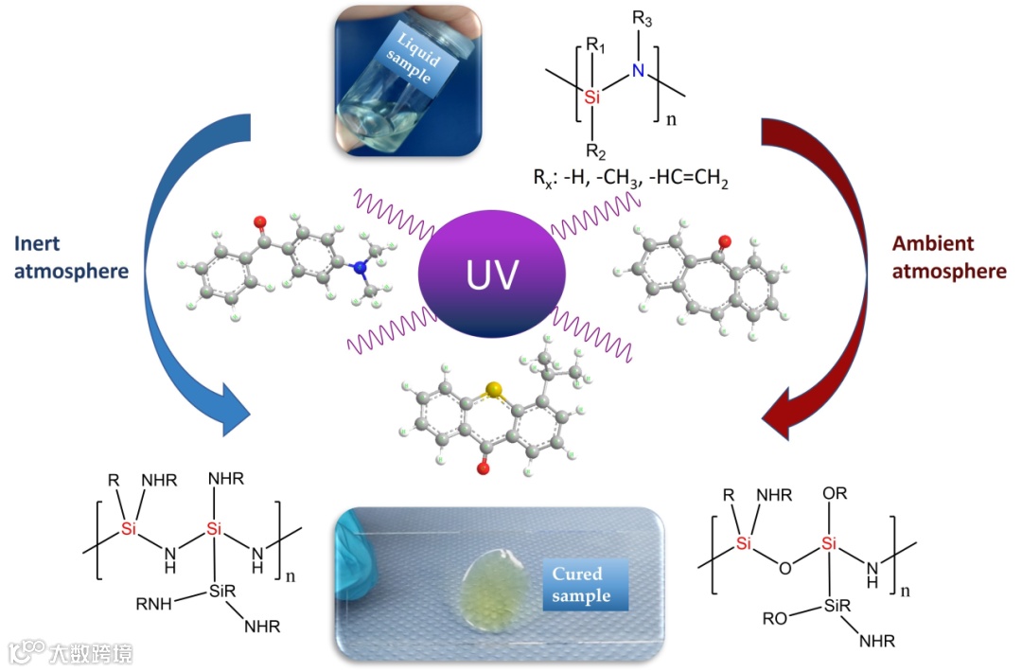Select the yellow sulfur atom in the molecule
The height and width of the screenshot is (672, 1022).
pyautogui.click(x=491, y=389)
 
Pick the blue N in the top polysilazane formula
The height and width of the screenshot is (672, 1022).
pyautogui.click(x=638, y=72)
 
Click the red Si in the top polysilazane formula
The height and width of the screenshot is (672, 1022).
pyautogui.click(x=591, y=97)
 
